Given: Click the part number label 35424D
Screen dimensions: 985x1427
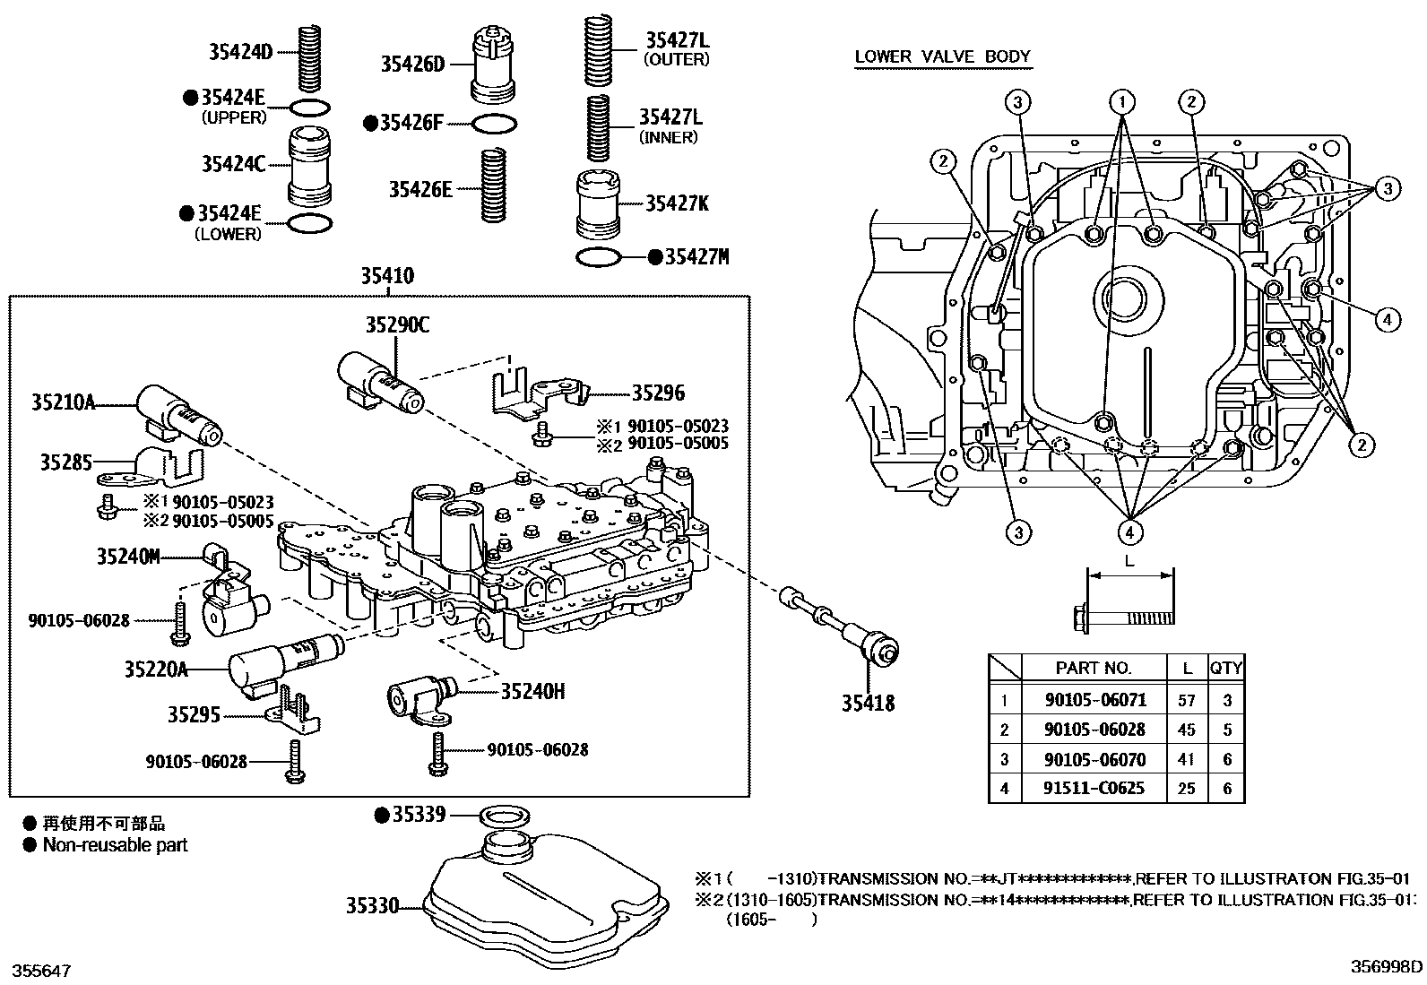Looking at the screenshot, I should [x=239, y=52].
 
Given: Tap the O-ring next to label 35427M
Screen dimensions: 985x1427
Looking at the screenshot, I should [x=599, y=258].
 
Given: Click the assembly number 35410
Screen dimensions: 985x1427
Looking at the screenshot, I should [x=387, y=276].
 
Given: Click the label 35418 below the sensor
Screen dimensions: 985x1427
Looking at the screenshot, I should [x=867, y=704].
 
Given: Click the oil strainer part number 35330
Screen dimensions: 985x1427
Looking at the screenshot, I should [x=372, y=906].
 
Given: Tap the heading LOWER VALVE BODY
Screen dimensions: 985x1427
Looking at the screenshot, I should [x=942, y=56].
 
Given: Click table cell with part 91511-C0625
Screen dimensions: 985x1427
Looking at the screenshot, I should [x=1094, y=788].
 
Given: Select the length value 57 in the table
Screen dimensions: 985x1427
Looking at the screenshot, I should [x=1187, y=700].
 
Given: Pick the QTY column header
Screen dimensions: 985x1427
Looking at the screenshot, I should [x=1225, y=668].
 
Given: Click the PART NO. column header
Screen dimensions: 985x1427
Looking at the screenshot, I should [x=1094, y=668].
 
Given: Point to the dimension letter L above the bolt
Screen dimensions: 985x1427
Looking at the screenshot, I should [x=1129, y=561].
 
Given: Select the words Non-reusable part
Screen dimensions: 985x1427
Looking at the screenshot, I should [x=115, y=845].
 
